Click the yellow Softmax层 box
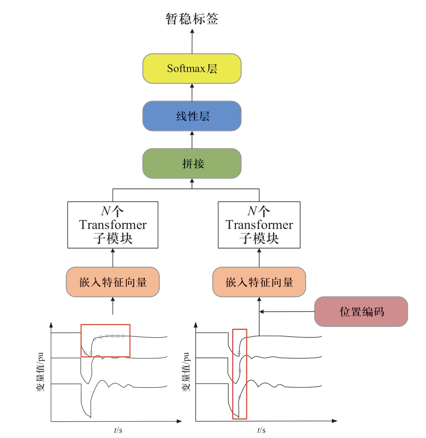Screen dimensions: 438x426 coord(192,68)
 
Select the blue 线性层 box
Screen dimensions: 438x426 coord(192,116)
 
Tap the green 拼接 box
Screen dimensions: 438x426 coord(192,163)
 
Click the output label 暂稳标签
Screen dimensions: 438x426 coord(192,19)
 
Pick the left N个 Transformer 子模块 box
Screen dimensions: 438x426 coord(113,225)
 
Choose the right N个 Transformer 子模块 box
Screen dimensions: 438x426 coord(259,225)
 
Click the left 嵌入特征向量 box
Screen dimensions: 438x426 coord(113,282)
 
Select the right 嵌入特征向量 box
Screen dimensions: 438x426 coord(259,282)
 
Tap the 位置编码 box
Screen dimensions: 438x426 coord(361,311)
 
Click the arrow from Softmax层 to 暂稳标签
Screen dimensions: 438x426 coord(192,41)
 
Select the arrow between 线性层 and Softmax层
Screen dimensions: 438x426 coord(192,92)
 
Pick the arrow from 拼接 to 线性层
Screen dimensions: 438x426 coord(192,140)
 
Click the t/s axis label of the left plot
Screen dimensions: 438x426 coord(118,430)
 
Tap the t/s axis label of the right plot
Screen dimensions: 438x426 coord(261,430)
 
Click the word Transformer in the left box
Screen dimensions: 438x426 coord(113,225)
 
